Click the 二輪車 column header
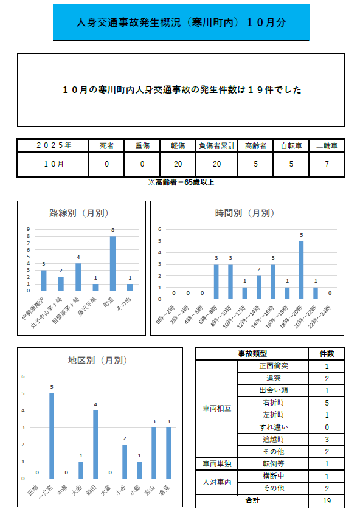tap(327, 146)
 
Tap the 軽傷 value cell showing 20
tap(178, 164)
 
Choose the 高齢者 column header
tap(255, 146)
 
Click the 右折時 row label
tap(272, 403)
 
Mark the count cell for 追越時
tap(327, 439)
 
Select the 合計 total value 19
tap(327, 500)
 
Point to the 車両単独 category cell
tap(216, 464)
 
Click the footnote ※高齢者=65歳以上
tap(181, 182)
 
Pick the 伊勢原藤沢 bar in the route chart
tap(44, 280)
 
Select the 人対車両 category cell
tap(216, 482)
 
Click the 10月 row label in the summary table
tap(53, 164)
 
